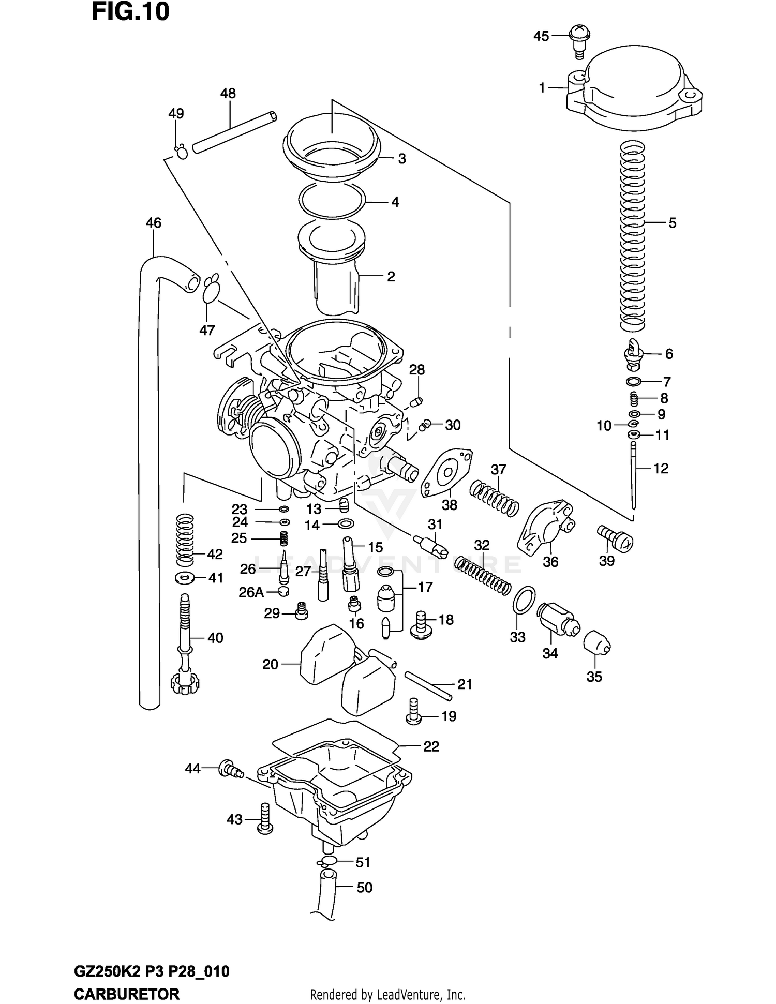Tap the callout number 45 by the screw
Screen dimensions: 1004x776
pos(541,36)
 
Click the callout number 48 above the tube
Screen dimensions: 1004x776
pos(228,94)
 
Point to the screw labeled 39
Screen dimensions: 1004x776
pos(616,538)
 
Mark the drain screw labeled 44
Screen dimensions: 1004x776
pos(230,769)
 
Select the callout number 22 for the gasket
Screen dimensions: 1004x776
pos(431,746)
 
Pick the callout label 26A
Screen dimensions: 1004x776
pos(251,592)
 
